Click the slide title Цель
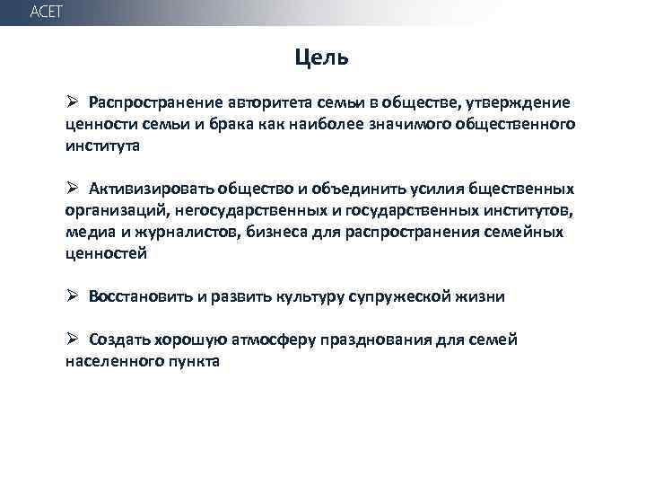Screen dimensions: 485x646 click(322, 58)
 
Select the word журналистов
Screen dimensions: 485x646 click(169, 232)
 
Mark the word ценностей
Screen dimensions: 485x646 click(105, 253)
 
